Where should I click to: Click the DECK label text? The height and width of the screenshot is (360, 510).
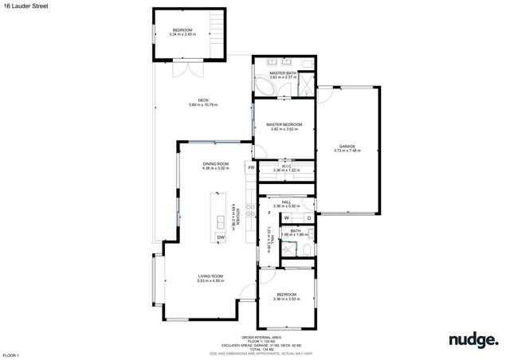click(203, 101)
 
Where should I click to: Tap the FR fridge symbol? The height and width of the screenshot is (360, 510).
click(251, 168)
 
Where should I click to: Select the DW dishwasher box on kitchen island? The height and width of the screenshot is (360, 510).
click(221, 237)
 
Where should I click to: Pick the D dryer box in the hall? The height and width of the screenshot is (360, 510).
click(308, 217)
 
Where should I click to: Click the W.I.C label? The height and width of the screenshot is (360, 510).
click(284, 167)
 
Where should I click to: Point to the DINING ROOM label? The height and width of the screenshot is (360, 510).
click(215, 165)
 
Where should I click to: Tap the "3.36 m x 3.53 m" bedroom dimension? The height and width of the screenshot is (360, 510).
click(284, 299)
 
